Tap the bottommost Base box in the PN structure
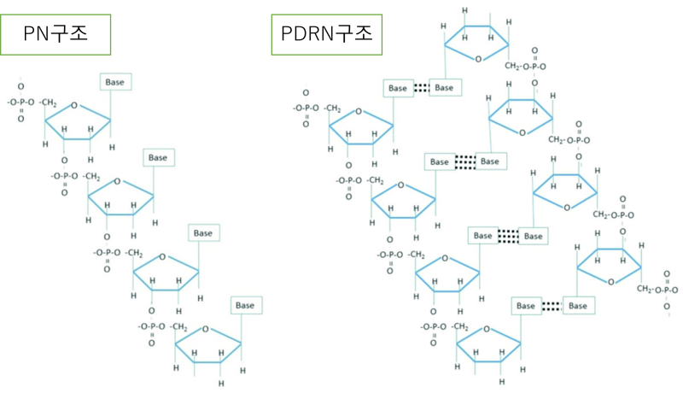point(247,305)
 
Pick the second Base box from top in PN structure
point(158,157)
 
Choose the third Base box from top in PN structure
point(202,232)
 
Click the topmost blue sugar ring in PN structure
point(78,120)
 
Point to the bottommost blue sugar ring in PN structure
point(208,346)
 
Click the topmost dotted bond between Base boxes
point(420,87)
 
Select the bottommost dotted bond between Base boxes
point(551,305)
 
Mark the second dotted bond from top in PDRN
point(464,161)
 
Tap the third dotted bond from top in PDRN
point(509,235)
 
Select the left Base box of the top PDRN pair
point(398,87)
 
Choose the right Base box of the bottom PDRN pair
point(578,305)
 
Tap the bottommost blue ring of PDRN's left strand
point(488,346)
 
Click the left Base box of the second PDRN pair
point(439,161)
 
